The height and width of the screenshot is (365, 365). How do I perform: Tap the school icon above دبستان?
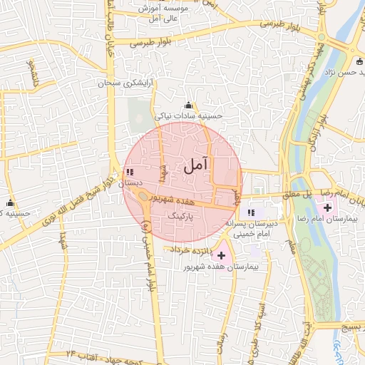click(x=129, y=172)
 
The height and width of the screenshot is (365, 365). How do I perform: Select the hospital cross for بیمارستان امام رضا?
click(x=327, y=208)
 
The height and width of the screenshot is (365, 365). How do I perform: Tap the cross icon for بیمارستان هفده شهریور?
click(x=221, y=255)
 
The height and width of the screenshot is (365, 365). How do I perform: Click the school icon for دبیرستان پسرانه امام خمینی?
click(x=250, y=212)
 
